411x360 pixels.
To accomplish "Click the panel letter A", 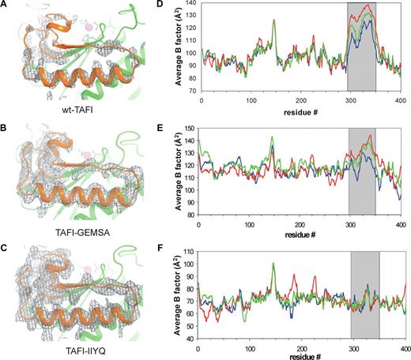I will coord(6,7).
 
